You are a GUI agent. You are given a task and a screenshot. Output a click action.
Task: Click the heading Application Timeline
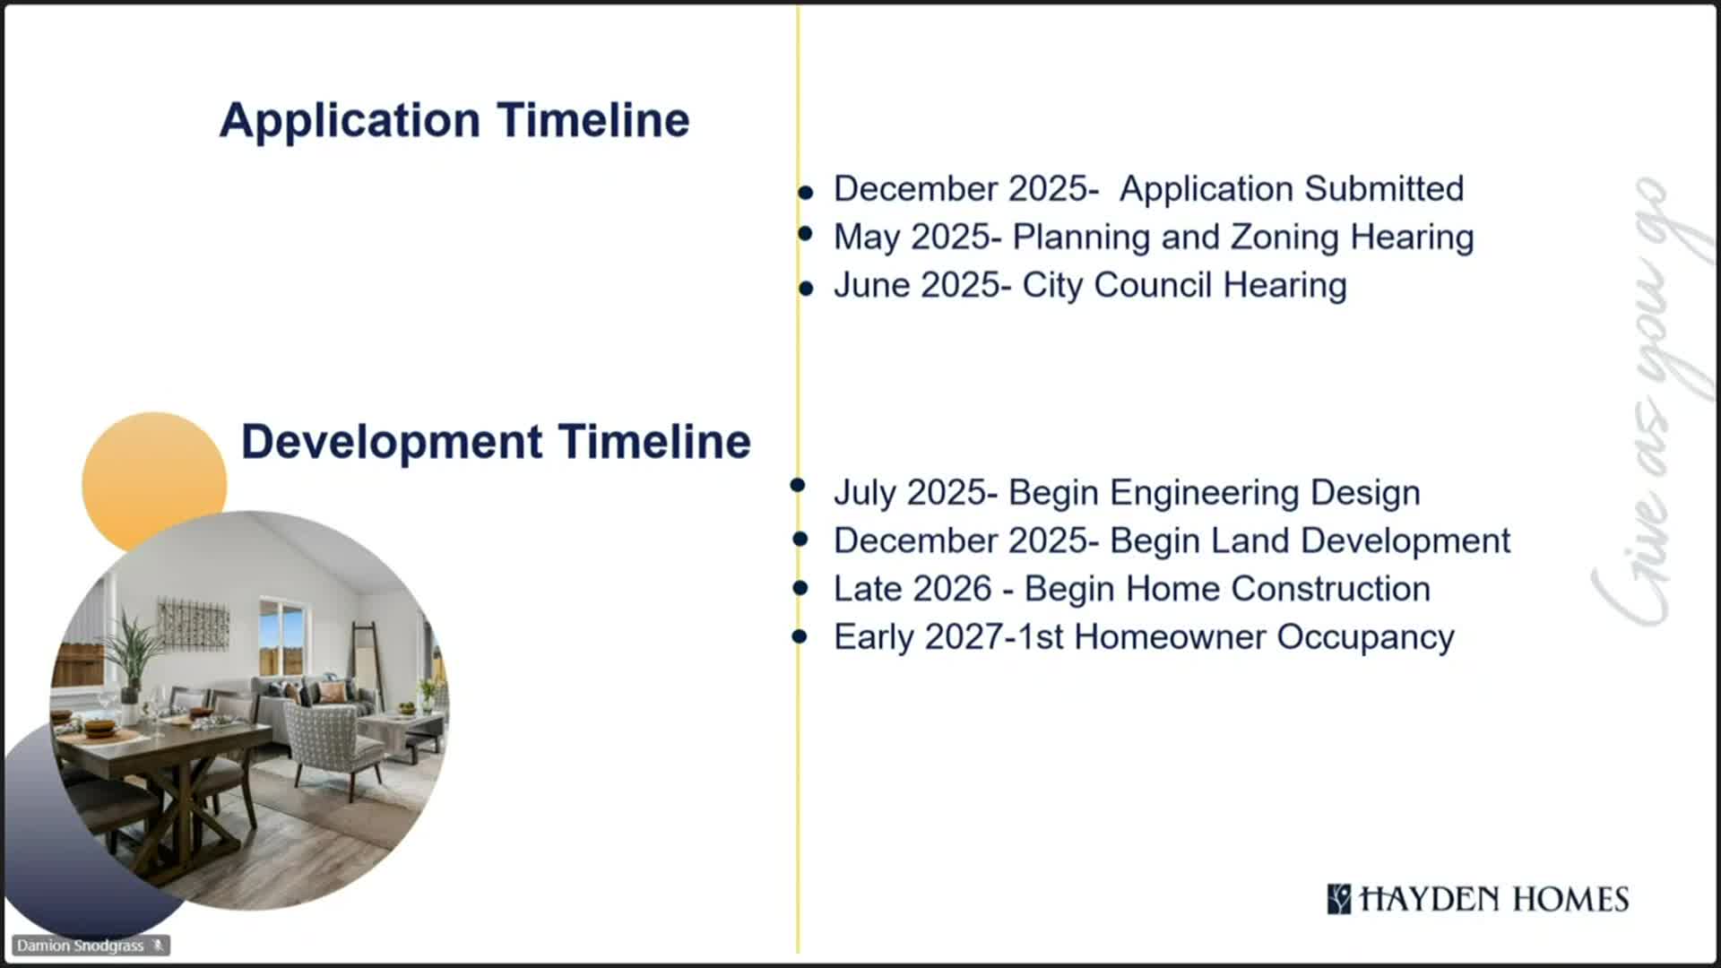point(454,121)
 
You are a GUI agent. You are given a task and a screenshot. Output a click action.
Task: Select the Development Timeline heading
point(496,442)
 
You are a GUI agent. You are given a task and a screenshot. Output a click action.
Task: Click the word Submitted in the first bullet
point(1384,189)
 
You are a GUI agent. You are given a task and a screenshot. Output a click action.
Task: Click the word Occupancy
point(1365,638)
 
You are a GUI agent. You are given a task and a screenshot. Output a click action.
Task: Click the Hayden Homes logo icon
point(1339,899)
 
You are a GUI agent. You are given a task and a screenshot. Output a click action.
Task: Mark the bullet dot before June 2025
point(806,289)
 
